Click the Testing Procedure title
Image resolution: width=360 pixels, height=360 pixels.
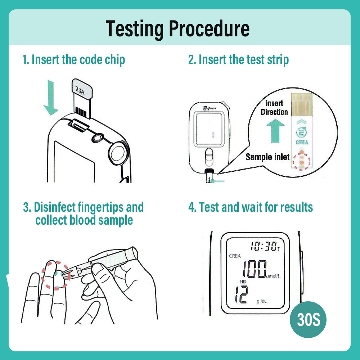pos(178,29)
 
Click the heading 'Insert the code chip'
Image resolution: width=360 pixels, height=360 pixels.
pos(74,59)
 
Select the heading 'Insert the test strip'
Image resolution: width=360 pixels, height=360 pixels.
pos(238,59)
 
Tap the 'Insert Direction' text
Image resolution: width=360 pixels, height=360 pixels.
pos(274,108)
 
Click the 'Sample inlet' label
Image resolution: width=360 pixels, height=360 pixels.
pos(267,157)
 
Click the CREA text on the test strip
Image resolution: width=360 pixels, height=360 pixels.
pos(302,143)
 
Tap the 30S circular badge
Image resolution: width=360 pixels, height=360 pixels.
pos(308,320)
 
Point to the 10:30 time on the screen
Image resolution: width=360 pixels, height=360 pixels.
pos(264,247)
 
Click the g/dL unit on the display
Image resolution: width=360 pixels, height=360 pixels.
pos(262,302)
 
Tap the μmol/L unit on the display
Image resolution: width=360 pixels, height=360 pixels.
pos(273,276)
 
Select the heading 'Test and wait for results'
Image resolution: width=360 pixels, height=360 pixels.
pos(251,207)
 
